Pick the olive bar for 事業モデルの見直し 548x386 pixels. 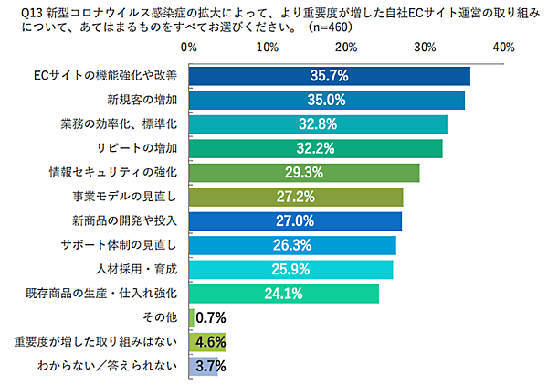[x=295, y=197]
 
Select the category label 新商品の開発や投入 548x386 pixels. [x=131, y=220]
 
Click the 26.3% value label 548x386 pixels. [x=292, y=245]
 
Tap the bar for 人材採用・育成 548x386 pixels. [x=290, y=269]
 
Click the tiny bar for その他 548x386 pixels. [x=191, y=317]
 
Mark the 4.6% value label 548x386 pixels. [x=211, y=342]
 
